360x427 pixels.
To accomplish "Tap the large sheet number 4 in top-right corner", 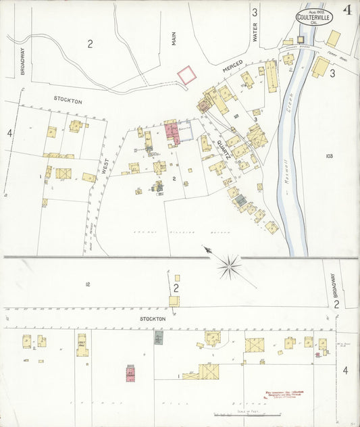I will pyautogui.click(x=348, y=10).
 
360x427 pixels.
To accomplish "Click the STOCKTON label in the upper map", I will pyautogui.click(x=68, y=100).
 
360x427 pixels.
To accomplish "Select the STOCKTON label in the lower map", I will pyautogui.click(x=153, y=318).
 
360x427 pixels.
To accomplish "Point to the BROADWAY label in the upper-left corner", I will pyautogui.click(x=22, y=60).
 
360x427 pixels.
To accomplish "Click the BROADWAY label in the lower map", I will pyautogui.click(x=334, y=285).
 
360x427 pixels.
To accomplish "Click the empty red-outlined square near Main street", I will pyautogui.click(x=187, y=75).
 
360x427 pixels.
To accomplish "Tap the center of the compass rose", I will pyautogui.click(x=230, y=267).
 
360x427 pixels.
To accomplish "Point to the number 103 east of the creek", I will pyautogui.click(x=329, y=156).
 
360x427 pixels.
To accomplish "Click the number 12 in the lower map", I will pyautogui.click(x=87, y=284).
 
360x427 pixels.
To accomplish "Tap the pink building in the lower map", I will pyautogui.click(x=130, y=372).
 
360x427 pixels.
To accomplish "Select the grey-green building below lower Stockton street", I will pyautogui.click(x=159, y=337).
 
